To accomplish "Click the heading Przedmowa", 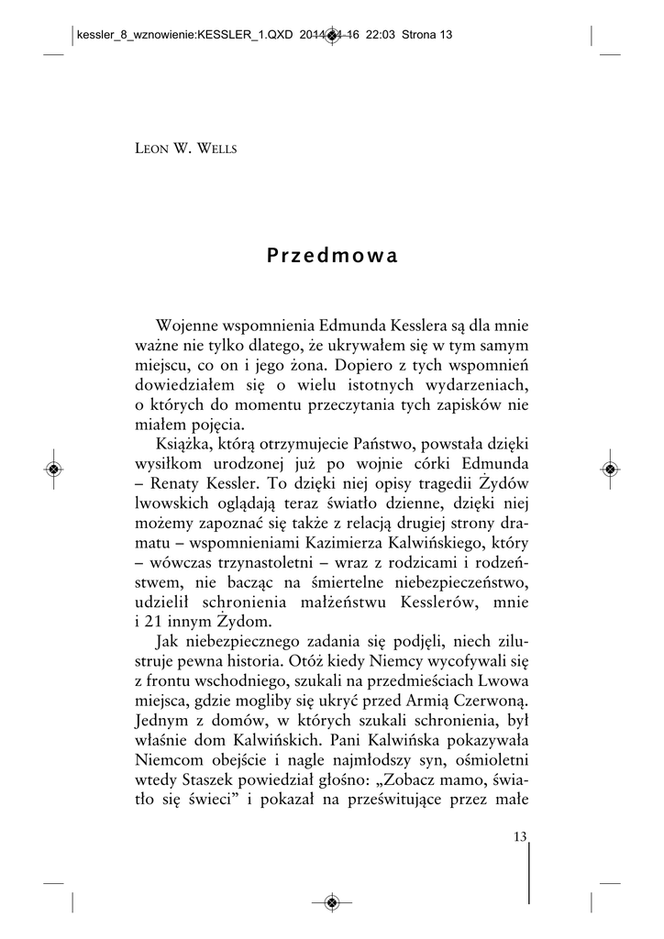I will click(x=332, y=257).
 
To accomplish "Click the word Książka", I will click(x=188, y=443).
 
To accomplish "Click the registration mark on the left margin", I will click(x=54, y=469).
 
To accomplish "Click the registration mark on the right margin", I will click(x=610, y=469).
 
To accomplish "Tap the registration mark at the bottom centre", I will click(x=332, y=902).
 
